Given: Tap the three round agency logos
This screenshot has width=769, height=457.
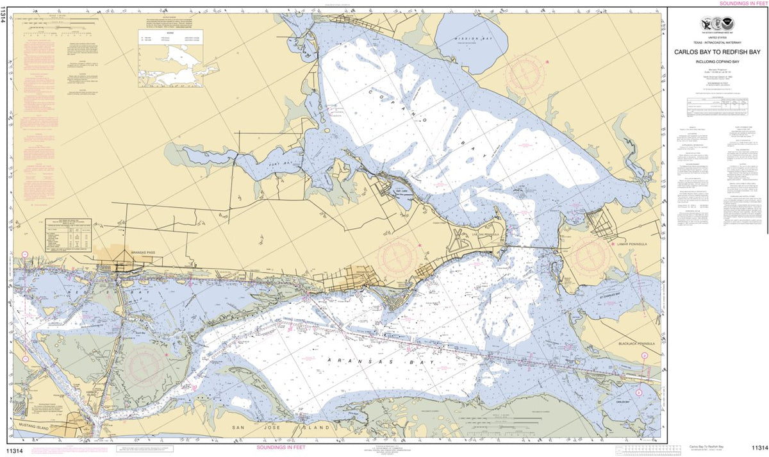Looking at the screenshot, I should (718, 26).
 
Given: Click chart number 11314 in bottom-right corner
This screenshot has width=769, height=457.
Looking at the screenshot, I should (760, 447).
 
